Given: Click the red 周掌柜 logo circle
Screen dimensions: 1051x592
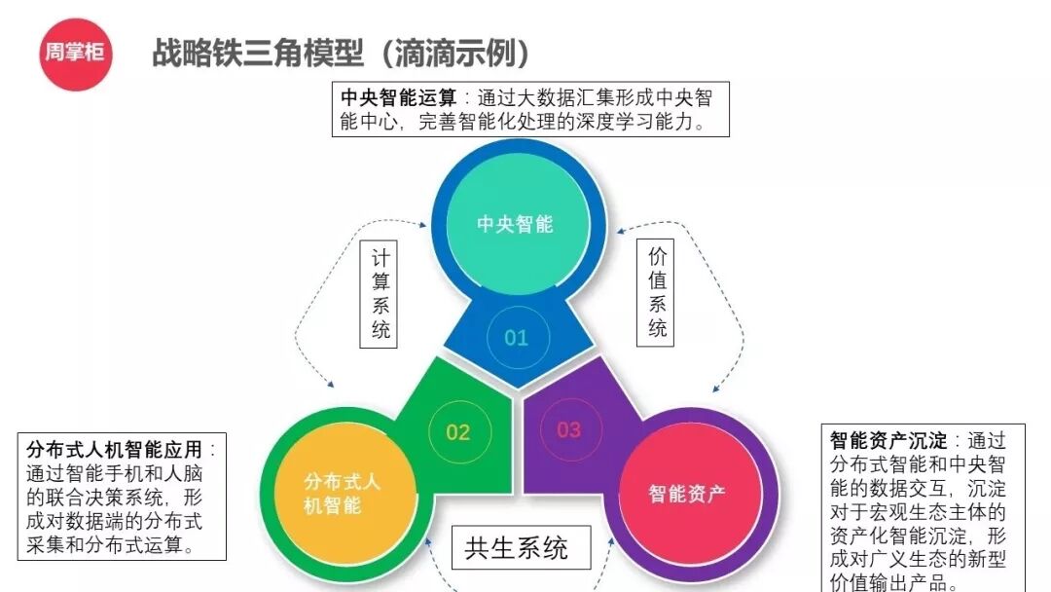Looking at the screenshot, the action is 74,53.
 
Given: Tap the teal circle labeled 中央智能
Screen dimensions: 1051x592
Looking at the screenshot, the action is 515,224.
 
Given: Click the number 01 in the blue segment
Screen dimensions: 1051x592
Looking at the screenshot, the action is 516,338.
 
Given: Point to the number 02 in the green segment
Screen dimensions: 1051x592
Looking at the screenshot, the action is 457,431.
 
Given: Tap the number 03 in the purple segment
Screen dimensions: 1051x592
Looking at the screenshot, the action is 568,429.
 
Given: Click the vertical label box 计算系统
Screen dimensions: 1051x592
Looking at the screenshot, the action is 381,294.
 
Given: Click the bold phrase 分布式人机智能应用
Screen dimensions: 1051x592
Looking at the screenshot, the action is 115,450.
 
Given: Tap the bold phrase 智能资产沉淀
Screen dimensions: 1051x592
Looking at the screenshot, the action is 888,441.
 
